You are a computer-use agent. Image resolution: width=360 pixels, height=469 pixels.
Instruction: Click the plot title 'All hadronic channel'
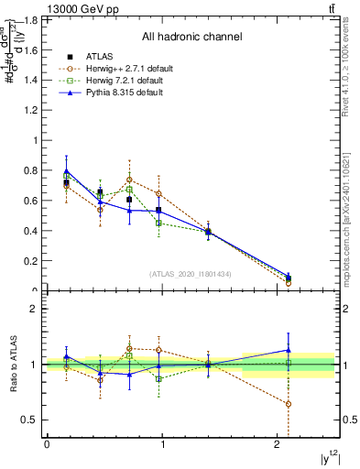pyautogui.click(x=191, y=37)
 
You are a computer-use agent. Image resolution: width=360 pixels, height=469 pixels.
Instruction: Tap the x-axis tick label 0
pyautogui.click(x=47, y=444)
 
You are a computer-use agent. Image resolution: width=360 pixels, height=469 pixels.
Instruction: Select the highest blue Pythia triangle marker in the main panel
pyautogui.click(x=66, y=170)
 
